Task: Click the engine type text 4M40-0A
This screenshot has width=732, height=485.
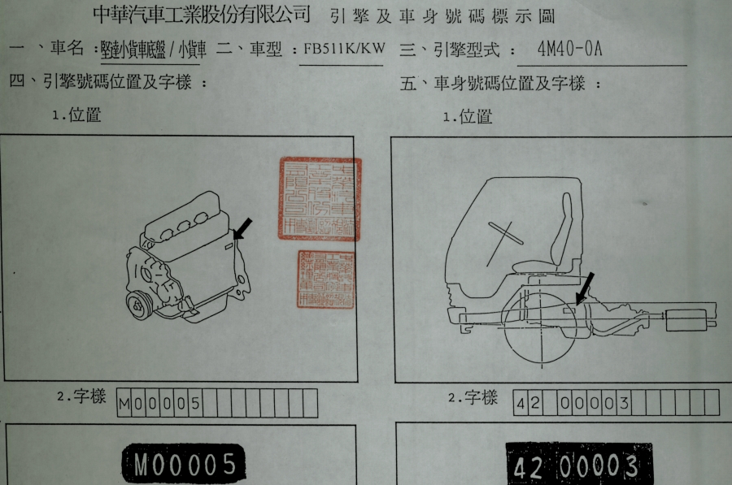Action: click(569, 48)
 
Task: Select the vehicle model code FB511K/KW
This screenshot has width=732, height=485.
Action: click(343, 50)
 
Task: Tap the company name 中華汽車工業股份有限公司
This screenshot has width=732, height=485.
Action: click(202, 14)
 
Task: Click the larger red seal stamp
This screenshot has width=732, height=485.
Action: click(320, 199)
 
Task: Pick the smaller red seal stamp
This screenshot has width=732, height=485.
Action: click(326, 279)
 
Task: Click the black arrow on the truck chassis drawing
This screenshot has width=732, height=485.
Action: click(584, 289)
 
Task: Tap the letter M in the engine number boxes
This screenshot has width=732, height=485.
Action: click(124, 403)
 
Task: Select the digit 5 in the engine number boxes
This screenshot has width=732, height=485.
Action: click(196, 403)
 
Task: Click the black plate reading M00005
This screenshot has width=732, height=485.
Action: click(184, 464)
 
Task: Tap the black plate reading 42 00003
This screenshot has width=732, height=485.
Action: click(577, 467)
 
